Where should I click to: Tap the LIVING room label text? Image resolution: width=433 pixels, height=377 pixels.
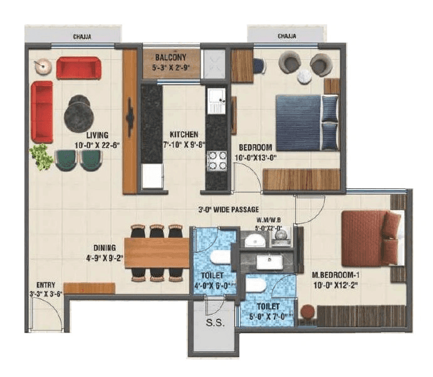pos(98,135)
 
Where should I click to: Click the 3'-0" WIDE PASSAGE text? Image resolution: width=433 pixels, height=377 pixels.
pos(228,209)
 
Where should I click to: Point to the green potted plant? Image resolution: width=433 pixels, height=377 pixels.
pos(43,156)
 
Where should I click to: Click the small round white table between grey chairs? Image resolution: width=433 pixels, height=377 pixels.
pos(304,76)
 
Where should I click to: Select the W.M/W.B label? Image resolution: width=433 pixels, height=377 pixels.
pos(269,220)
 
